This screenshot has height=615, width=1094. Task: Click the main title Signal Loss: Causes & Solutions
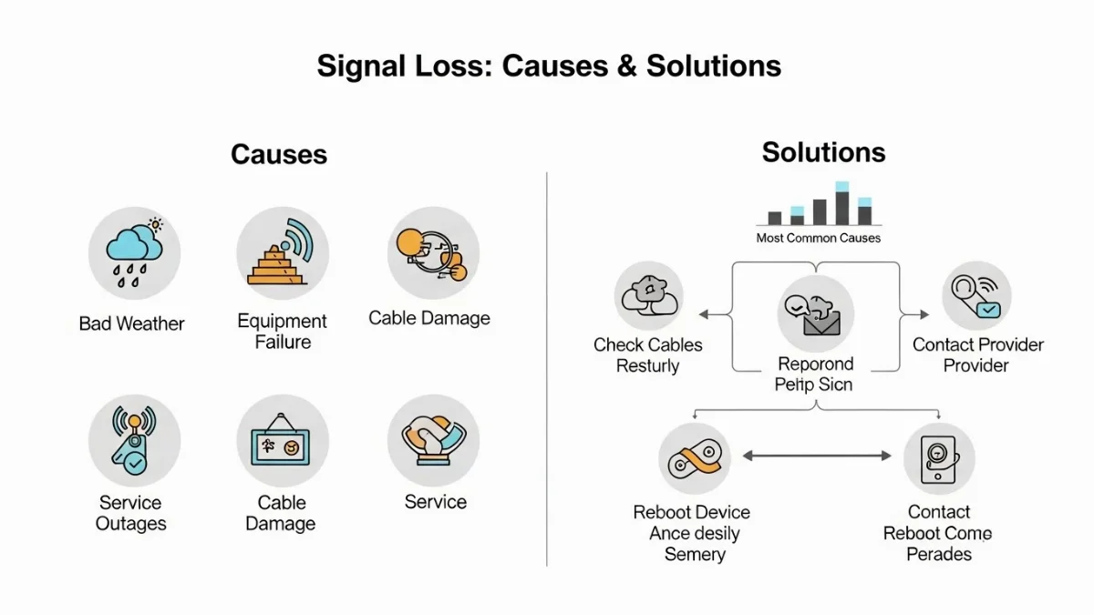click(549, 67)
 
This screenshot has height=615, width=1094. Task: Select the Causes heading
click(278, 154)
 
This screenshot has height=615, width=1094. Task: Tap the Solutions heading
click(823, 152)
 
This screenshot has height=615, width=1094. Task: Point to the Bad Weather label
click(131, 323)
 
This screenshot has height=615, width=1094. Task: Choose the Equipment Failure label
click(282, 332)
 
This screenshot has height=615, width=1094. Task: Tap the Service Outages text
click(131, 513)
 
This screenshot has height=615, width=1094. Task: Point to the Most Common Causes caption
click(818, 239)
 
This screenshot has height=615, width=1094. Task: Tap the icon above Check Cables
click(648, 296)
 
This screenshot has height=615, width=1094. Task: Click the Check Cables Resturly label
click(648, 355)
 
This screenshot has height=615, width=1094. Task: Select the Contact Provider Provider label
click(977, 355)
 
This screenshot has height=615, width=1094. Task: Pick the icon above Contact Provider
click(975, 296)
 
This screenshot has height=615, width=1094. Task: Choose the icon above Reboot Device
click(694, 458)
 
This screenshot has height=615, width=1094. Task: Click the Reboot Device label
click(692, 512)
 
